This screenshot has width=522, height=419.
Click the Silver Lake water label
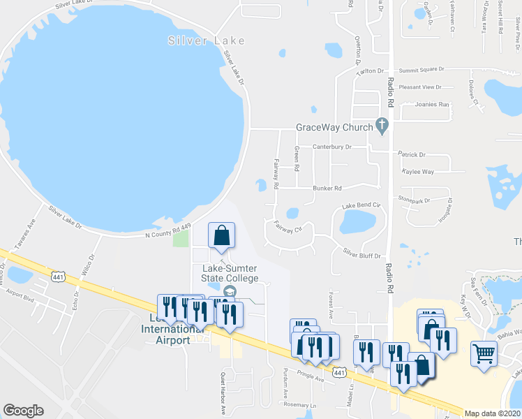point(207,41)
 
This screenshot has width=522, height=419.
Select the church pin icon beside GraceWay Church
point(381,126)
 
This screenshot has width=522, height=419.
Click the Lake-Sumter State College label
point(230,273)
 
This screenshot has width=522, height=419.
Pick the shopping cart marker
point(484,353)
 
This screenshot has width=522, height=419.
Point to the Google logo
point(23,411)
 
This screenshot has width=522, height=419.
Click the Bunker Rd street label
point(327,189)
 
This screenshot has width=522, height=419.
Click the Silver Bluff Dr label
point(361,253)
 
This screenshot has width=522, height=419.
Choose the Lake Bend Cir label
point(360,205)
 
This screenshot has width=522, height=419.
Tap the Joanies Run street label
point(432,104)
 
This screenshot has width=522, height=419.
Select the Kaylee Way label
point(418,171)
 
